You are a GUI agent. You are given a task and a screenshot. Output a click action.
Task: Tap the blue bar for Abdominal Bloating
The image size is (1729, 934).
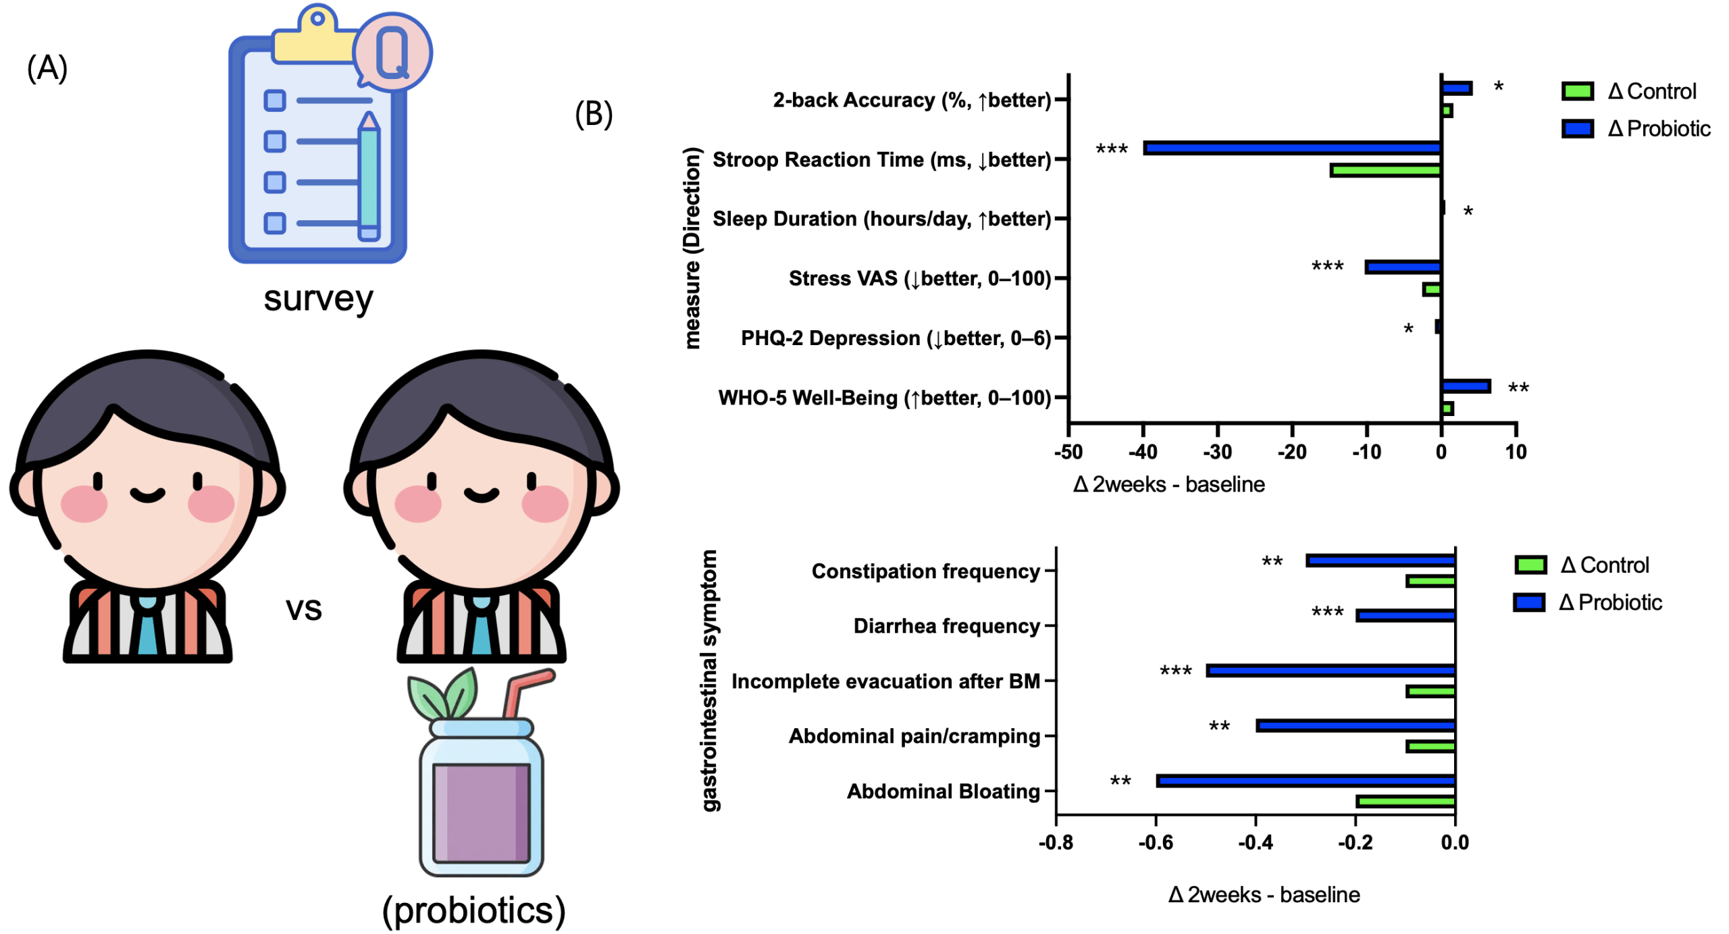(x=1305, y=781)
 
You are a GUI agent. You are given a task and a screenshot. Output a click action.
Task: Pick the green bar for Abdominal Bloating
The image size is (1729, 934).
(x=1405, y=802)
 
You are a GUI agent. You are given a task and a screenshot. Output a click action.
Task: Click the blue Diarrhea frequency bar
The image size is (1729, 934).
(x=1405, y=615)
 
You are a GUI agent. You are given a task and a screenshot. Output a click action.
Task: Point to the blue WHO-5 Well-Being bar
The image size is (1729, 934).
(x=1465, y=386)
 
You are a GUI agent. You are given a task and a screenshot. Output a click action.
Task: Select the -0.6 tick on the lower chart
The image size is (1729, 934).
(x=1155, y=842)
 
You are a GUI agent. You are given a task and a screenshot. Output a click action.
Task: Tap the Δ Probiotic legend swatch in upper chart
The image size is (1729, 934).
(x=1577, y=128)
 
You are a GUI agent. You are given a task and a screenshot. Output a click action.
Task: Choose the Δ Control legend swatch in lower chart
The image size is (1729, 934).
(x=1530, y=565)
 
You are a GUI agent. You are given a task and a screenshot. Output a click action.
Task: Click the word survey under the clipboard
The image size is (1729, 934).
(x=317, y=299)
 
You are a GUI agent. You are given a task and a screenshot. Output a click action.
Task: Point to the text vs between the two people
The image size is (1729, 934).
(x=303, y=609)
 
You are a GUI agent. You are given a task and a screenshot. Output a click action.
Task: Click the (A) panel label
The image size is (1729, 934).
(x=47, y=68)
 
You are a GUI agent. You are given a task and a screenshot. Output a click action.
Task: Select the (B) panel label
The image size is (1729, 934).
(x=593, y=113)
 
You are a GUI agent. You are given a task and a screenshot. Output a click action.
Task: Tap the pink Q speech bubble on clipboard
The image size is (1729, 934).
(x=393, y=51)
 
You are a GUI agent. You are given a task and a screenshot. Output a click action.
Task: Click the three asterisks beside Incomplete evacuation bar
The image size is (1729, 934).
(x=1175, y=671)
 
